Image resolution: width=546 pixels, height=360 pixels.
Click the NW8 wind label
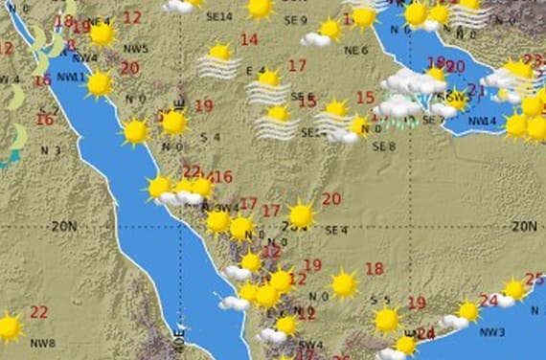coord(42,344)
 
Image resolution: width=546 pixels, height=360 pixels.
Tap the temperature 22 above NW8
coord(38,312)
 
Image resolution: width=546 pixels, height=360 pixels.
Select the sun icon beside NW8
coord(9,327)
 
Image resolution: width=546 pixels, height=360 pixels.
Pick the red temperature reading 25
coord(535,279)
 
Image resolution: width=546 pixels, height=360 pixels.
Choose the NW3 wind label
coord(492,332)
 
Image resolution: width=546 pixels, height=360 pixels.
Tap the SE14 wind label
coord(219,17)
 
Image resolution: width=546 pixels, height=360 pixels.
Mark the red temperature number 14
coord(249,40)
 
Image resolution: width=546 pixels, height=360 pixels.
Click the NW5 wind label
coord(136,49)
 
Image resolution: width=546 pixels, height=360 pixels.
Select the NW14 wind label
coord(482,121)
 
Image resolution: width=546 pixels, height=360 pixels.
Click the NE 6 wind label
coord(356,50)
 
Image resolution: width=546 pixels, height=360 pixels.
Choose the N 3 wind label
coord(50,150)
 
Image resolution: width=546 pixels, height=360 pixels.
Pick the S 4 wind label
coord(210,138)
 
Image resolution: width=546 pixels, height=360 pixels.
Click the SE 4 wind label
coord(335,231)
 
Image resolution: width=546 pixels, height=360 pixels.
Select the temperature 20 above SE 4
coord(331,199)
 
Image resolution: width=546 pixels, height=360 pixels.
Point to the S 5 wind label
coord(380,300)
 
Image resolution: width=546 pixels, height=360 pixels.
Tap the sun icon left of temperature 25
coord(514,288)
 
